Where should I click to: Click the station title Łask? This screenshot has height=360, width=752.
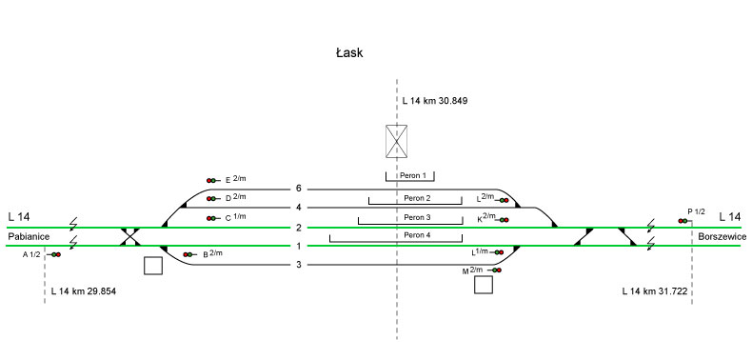pyautogui.click(x=349, y=52)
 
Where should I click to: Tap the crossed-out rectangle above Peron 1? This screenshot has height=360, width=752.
pyautogui.click(x=397, y=141)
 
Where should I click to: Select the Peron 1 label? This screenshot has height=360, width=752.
pyautogui.click(x=413, y=175)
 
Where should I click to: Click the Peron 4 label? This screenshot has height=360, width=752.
pyautogui.click(x=417, y=235)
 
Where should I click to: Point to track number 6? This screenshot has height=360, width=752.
pyautogui.click(x=299, y=189)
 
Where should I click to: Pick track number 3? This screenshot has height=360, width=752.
pyautogui.click(x=299, y=265)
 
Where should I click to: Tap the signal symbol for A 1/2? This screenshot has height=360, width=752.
pyautogui.click(x=54, y=254)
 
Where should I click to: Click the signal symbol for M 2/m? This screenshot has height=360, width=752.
pyautogui.click(x=495, y=270)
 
